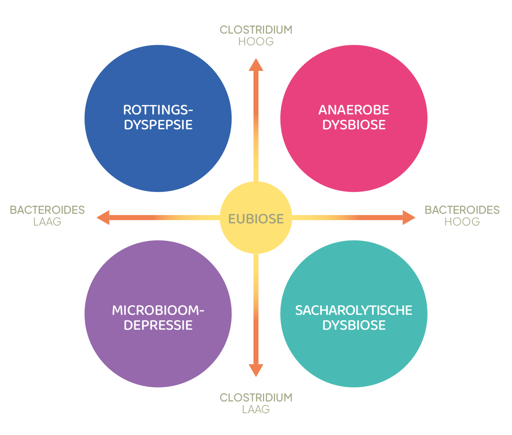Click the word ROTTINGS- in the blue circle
tap(158, 110)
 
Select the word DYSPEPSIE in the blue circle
tap(158, 125)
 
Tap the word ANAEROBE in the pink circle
tap(354, 110)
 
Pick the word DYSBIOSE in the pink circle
tap(354, 125)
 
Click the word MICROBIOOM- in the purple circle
tap(158, 310)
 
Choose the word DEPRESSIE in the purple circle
tap(158, 325)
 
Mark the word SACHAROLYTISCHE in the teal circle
tap(354, 310)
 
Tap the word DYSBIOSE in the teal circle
tap(354, 325)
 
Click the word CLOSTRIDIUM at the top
tap(256, 30)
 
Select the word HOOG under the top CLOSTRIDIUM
tap(256, 42)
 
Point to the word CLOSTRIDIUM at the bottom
tap(256, 398)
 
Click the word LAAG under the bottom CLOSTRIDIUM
tap(256, 409)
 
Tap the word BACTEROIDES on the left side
tap(47, 210)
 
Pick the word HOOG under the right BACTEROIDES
tap(462, 222)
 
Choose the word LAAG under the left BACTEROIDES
tap(47, 222)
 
